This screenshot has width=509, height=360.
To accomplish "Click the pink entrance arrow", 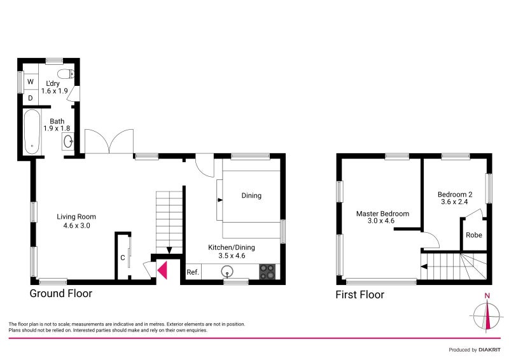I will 163,270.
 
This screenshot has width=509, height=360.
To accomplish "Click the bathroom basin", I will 69,141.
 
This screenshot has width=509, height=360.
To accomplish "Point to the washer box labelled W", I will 30,82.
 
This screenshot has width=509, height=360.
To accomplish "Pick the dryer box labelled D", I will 30,98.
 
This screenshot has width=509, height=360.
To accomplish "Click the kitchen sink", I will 228,272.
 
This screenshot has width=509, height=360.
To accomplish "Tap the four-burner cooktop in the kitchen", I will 268,272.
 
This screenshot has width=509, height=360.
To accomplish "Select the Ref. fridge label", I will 193,272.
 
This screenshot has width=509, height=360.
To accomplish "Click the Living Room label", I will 76,216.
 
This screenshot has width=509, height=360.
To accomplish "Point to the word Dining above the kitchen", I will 251,195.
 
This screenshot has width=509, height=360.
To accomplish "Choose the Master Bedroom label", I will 382,214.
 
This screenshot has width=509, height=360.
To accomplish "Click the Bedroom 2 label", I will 455,194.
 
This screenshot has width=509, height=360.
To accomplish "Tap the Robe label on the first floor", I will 474,235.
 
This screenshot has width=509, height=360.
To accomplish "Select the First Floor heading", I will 360,294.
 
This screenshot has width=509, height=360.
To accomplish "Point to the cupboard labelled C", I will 123,258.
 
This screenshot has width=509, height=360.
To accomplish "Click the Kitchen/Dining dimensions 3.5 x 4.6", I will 227,256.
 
